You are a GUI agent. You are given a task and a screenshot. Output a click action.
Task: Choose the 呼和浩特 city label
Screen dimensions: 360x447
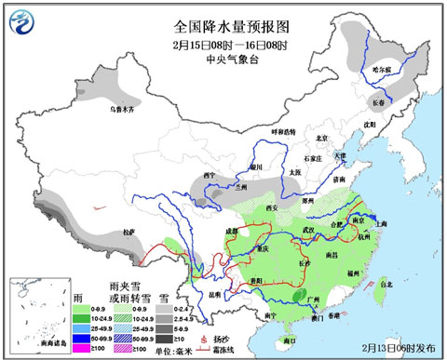[283, 132]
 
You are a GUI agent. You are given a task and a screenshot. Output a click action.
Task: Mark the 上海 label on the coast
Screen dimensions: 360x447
[379, 223]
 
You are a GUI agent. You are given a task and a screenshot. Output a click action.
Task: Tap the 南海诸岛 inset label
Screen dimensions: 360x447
[35, 342]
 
